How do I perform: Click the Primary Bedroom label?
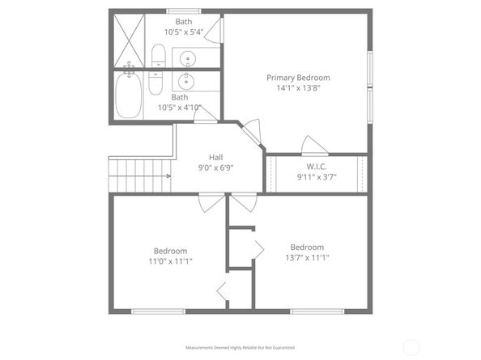pos(298,78)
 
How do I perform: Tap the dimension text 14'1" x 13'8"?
pos(298,89)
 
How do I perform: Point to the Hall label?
pos(216,157)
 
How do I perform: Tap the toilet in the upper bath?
pos(158,56)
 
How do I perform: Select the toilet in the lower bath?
pos(158,83)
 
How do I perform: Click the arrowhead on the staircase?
pos(168,175)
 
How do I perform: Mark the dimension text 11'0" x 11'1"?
pos(170,261)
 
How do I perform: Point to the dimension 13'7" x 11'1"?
pos(307,258)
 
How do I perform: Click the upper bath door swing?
pos(214,31)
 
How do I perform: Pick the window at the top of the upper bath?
pos(184,11)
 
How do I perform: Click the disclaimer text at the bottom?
pos(240,346)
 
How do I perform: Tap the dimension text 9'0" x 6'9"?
pos(216,168)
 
